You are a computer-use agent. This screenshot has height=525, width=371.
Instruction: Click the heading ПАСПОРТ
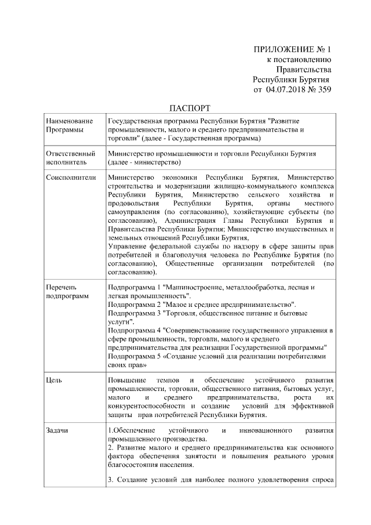point(189,108)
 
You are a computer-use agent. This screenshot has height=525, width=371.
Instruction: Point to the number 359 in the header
point(323,90)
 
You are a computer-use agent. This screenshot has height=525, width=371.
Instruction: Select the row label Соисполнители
point(70,176)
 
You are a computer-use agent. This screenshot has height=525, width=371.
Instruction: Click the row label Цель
point(54,380)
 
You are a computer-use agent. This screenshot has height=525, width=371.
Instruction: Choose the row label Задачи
point(57,431)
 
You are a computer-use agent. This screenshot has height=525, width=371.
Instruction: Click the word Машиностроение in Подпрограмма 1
point(196,287)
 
